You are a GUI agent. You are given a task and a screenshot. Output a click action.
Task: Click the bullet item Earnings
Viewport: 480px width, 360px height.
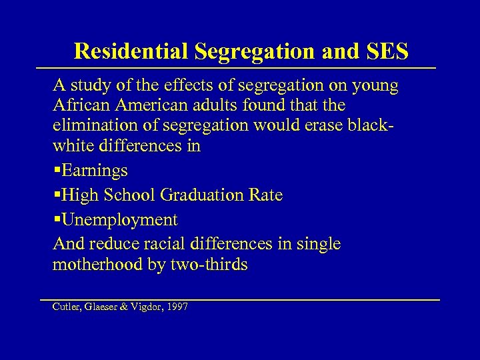pos(94,171)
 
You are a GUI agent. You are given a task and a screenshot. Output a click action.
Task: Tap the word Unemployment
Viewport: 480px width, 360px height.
pos(120,220)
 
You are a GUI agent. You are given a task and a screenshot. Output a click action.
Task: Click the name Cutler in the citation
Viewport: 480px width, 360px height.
pos(65,307)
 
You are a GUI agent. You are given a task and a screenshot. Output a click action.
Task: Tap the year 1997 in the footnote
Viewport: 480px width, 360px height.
pos(177,307)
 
